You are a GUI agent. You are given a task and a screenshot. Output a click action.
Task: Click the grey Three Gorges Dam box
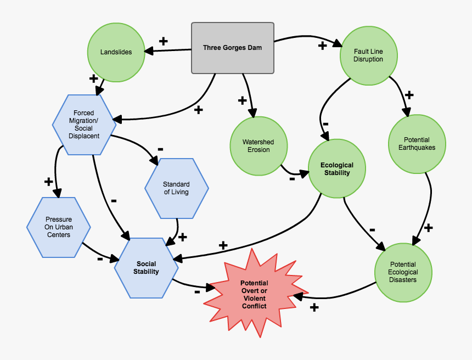[232, 48]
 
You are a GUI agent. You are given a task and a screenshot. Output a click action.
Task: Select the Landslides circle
[116, 52]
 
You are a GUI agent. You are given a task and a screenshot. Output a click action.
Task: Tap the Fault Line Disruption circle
[368, 56]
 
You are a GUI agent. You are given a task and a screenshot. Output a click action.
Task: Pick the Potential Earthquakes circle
[417, 144]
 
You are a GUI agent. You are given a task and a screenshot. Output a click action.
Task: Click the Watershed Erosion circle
[258, 145]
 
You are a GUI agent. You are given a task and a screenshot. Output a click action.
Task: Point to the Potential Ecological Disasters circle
[403, 272]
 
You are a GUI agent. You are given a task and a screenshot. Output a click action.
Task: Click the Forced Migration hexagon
[84, 125]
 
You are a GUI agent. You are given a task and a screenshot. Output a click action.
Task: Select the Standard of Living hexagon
[176, 188]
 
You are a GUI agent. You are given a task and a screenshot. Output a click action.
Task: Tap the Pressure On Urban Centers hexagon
[58, 227]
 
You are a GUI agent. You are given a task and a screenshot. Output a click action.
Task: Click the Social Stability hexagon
[146, 268]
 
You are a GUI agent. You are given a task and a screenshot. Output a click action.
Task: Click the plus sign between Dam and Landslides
[163, 41]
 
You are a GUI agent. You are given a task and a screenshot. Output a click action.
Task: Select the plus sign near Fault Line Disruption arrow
[322, 46]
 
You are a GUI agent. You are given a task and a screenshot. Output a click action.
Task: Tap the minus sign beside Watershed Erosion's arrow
[292, 178]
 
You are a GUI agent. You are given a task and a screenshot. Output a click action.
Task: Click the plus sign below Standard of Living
[183, 237]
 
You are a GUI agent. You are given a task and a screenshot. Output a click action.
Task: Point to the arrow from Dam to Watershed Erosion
[248, 93]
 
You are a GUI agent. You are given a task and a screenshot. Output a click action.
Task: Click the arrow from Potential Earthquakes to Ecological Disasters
[428, 203]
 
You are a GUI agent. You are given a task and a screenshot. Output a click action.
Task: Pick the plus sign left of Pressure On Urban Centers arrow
[48, 181]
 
